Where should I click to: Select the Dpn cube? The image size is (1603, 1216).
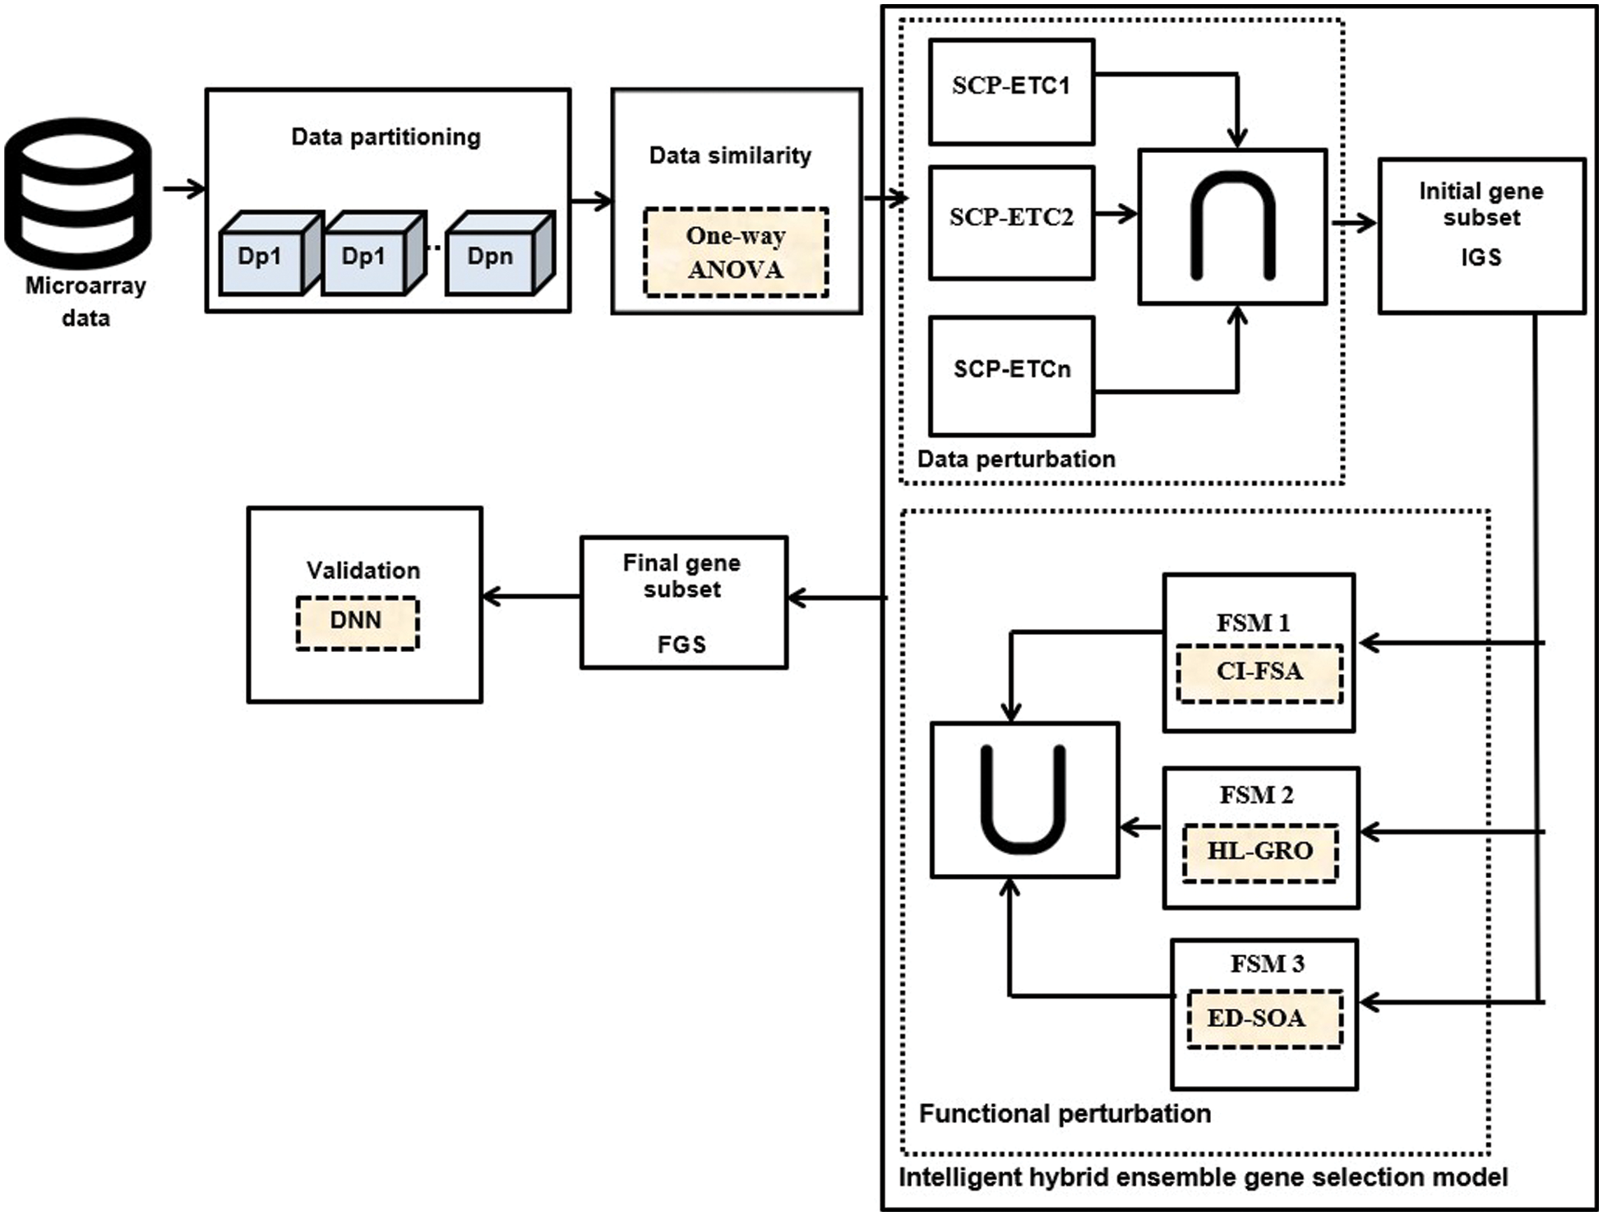tap(493, 256)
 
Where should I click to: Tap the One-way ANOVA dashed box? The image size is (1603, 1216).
tap(736, 252)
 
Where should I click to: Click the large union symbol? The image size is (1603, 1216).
tap(1024, 798)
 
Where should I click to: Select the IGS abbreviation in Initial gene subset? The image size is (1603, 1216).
tap(1481, 257)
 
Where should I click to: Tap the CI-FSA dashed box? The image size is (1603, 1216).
tap(1259, 673)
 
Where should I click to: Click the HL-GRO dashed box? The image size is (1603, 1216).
tap(1259, 852)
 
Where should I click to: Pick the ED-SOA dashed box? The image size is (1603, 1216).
tap(1263, 1019)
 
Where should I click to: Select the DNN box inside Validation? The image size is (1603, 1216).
tap(357, 622)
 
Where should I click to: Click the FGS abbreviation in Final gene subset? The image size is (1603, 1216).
tap(681, 645)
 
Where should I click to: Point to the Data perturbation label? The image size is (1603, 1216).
tap(1016, 459)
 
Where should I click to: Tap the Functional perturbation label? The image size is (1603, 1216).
tap(1065, 1114)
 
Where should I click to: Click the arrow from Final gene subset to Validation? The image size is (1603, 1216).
tap(531, 596)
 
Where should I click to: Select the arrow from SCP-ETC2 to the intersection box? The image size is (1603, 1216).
tap(1116, 214)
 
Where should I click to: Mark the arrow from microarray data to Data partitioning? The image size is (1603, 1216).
tap(184, 189)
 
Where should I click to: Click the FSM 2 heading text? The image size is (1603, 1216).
tap(1256, 795)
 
